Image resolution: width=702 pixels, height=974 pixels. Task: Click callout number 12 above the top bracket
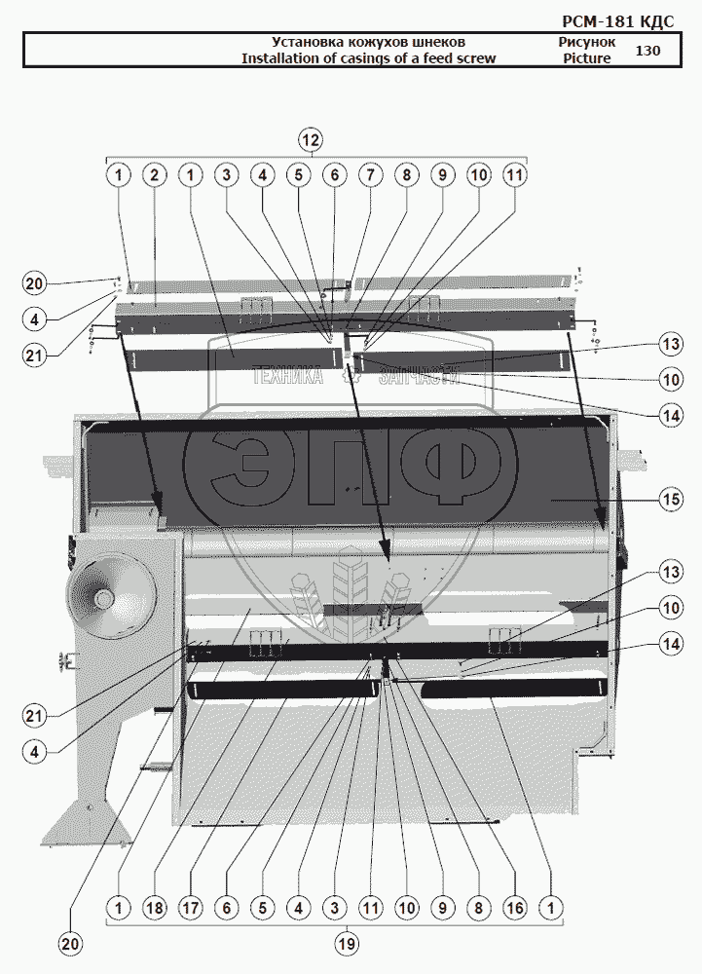pyautogui.click(x=311, y=139)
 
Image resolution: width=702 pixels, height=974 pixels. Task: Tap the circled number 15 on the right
pyautogui.click(x=669, y=501)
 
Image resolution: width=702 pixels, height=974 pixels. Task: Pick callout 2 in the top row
pyautogui.click(x=153, y=175)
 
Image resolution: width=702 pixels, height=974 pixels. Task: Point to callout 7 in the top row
pyautogui.click(x=370, y=175)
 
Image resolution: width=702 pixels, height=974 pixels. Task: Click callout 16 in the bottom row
pyautogui.click(x=514, y=908)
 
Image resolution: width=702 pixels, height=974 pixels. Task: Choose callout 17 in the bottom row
pyautogui.click(x=190, y=908)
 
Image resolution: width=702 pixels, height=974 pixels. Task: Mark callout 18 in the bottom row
pyautogui.click(x=154, y=908)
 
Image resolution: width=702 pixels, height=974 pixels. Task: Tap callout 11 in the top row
pyautogui.click(x=514, y=175)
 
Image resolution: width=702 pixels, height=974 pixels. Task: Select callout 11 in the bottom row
pyautogui.click(x=370, y=908)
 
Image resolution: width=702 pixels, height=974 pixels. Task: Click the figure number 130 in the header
pyautogui.click(x=647, y=51)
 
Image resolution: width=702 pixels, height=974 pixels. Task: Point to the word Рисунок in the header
pyautogui.click(x=587, y=42)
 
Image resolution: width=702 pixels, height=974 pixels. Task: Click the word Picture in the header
pyautogui.click(x=587, y=58)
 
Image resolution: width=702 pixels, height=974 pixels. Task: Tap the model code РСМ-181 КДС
pyautogui.click(x=618, y=20)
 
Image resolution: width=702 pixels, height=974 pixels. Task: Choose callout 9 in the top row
pyautogui.click(x=442, y=175)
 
